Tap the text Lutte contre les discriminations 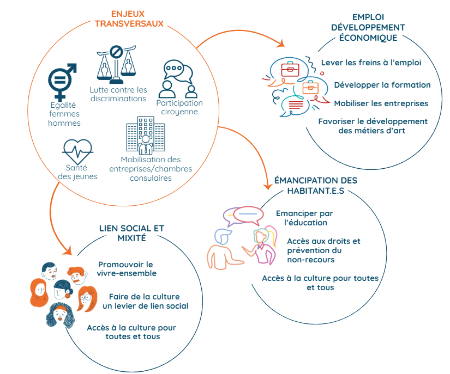coord(118,94)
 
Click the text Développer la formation coord(382,84)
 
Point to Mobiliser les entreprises coord(381,103)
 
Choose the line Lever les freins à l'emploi coord(371,62)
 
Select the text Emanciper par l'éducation coord(302,218)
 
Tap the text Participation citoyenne coord(179,107)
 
